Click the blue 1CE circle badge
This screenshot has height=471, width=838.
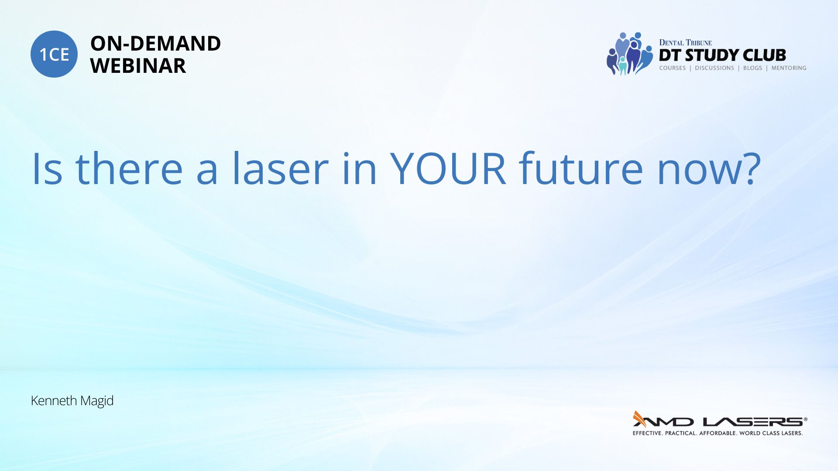pyautogui.click(x=54, y=54)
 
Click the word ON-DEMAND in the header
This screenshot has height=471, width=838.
pyautogui.click(x=155, y=43)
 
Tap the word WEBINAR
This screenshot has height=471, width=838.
pyautogui.click(x=138, y=65)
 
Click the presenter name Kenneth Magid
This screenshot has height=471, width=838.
pyautogui.click(x=72, y=401)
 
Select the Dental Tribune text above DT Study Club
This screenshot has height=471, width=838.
pyautogui.click(x=685, y=42)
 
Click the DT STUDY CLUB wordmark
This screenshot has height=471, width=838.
pyautogui.click(x=722, y=55)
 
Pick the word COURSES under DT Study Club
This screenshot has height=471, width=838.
pyautogui.click(x=672, y=68)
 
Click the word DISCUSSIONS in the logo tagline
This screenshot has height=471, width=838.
pyautogui.click(x=714, y=68)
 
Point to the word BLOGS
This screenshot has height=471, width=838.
pyautogui.click(x=752, y=68)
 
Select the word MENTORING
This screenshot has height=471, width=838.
pyautogui.click(x=789, y=68)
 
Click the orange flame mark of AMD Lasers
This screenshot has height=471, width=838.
pyautogui.click(x=639, y=419)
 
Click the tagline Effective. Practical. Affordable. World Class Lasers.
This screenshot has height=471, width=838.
pyautogui.click(x=718, y=433)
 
